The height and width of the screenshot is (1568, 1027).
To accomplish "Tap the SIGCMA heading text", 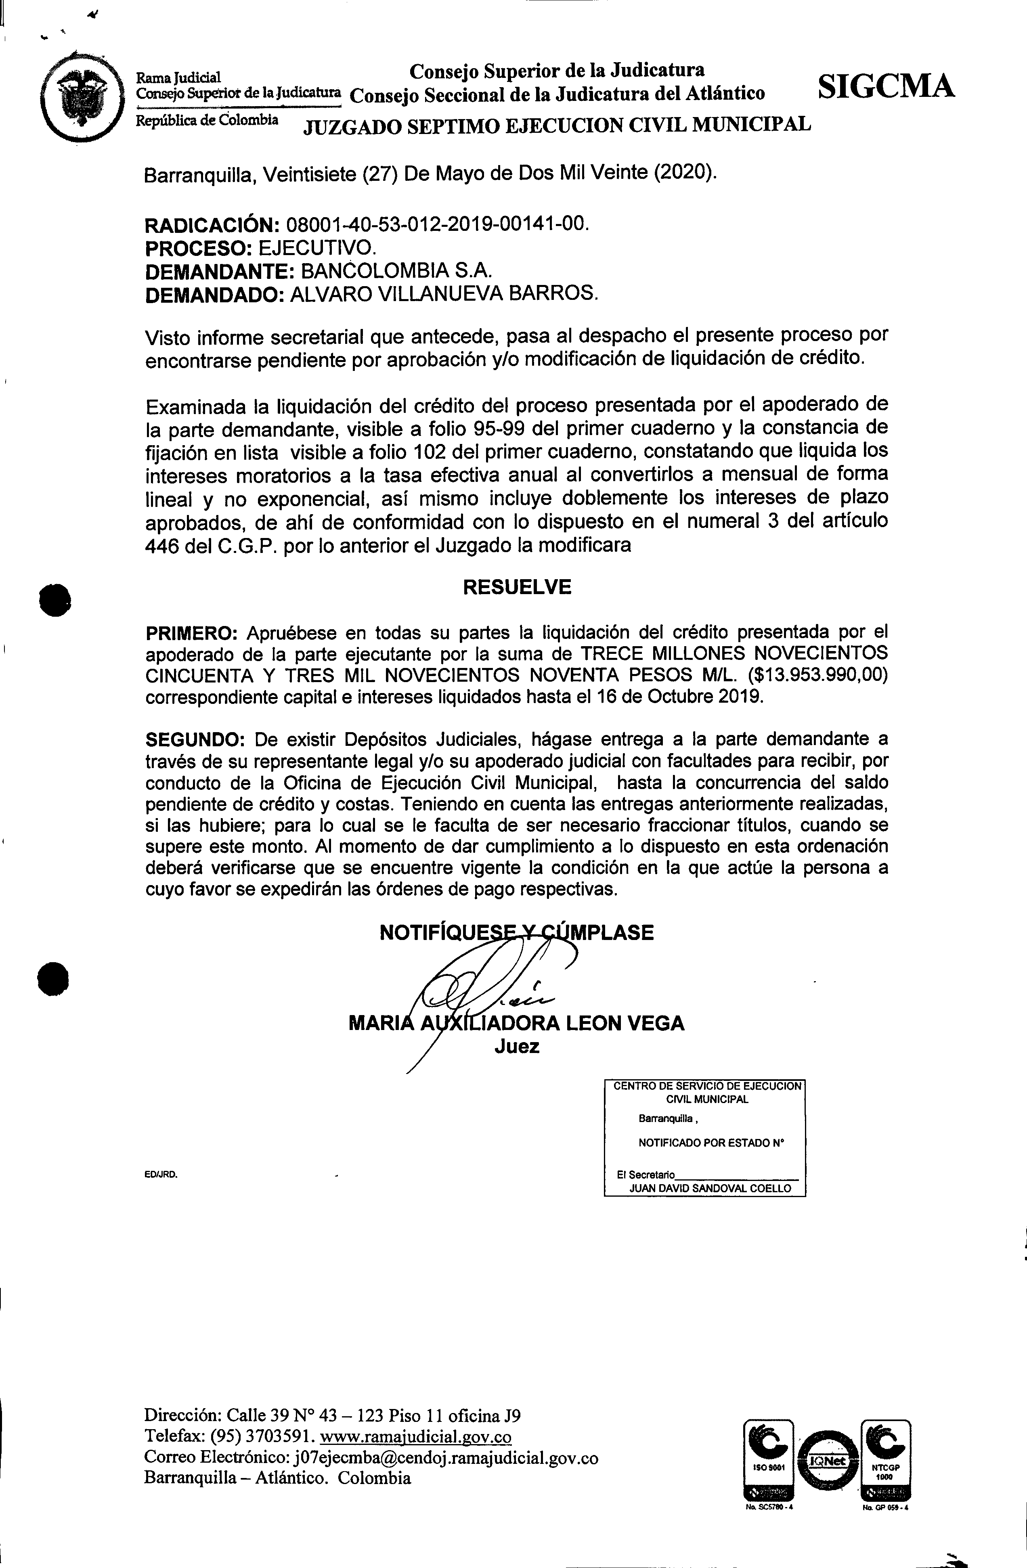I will click(x=885, y=86).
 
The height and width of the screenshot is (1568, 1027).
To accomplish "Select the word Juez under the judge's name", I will click(x=517, y=1046).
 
